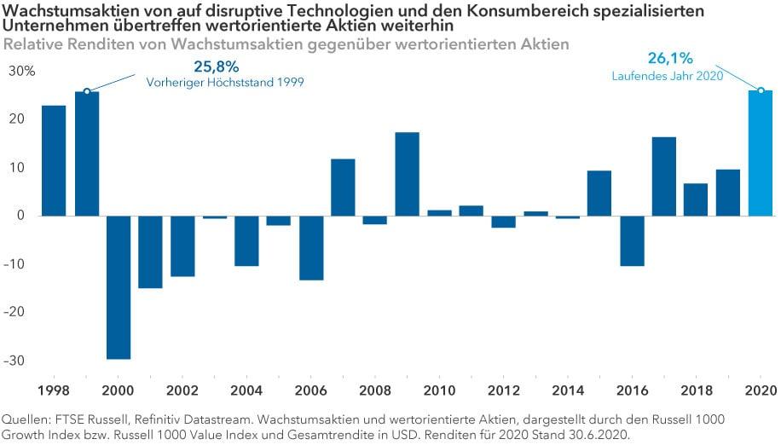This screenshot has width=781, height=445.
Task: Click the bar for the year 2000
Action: tap(119, 287)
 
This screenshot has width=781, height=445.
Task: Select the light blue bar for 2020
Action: tap(761, 153)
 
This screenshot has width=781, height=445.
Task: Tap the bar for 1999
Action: tap(87, 153)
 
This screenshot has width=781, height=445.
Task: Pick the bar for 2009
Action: tap(407, 174)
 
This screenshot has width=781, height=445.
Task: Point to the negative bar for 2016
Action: tap(632, 240)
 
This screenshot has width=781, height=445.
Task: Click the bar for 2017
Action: tap(663, 176)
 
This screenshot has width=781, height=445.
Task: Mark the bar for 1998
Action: tap(54, 160)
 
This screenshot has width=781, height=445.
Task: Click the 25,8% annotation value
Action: tap(217, 66)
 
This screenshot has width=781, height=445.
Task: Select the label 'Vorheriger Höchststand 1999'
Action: tap(225, 83)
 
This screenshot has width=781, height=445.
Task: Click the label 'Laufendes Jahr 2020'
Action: tap(667, 75)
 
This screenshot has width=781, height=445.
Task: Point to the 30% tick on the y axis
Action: tap(21, 72)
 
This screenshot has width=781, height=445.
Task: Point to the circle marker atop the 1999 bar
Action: tap(87, 91)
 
